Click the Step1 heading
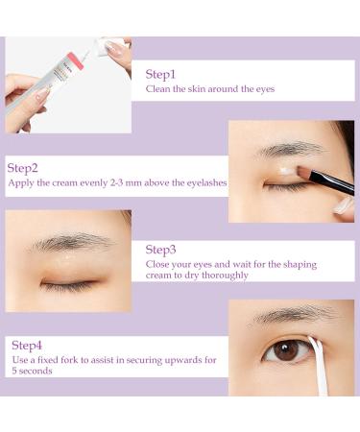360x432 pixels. click(162, 74)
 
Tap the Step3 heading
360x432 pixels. click(162, 249)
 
